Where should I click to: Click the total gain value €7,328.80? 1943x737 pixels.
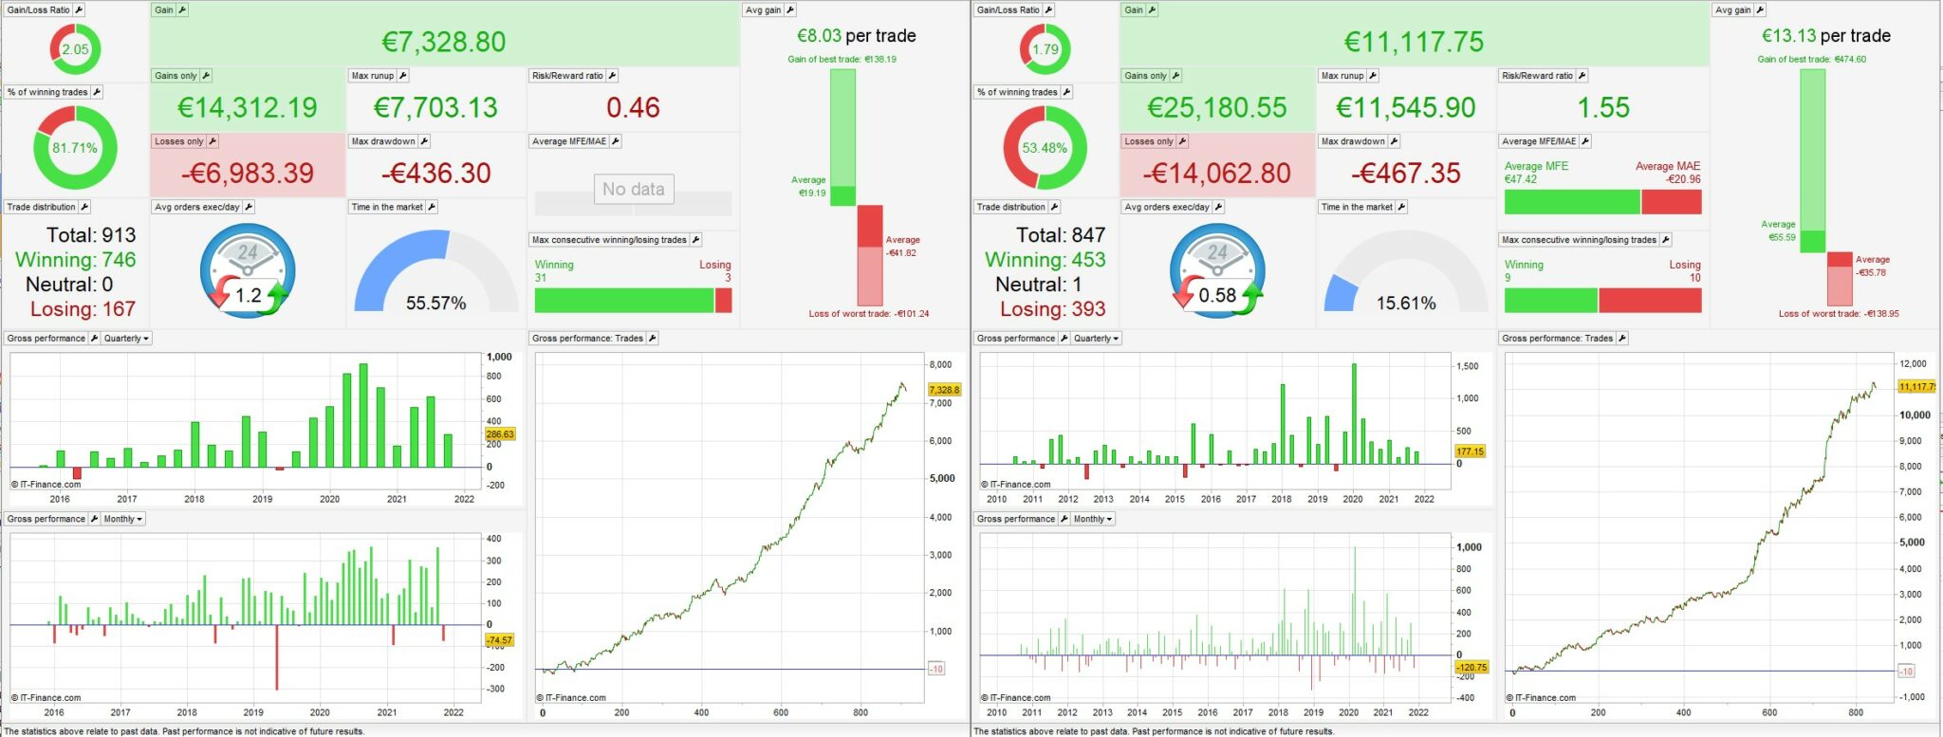pyautogui.click(x=443, y=42)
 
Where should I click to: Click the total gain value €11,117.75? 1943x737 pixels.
pyautogui.click(x=1414, y=42)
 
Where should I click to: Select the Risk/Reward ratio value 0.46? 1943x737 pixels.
pyautogui.click(x=633, y=107)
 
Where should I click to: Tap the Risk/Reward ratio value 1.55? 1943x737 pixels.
pyautogui.click(x=1602, y=107)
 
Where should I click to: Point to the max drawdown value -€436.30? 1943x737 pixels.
pyautogui.click(x=435, y=173)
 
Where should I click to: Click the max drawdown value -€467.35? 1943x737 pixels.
pyautogui.click(x=1405, y=173)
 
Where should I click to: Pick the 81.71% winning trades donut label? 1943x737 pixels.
pyautogui.click(x=75, y=148)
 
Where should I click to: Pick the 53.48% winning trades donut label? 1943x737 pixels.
pyautogui.click(x=1045, y=148)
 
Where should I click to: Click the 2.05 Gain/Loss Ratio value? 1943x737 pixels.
pyautogui.click(x=75, y=49)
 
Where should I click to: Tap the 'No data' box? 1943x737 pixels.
pyautogui.click(x=633, y=189)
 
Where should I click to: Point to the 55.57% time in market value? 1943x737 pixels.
pyautogui.click(x=435, y=304)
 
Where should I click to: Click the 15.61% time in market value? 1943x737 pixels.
pyautogui.click(x=1405, y=304)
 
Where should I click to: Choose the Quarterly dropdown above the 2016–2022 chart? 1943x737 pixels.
pyautogui.click(x=127, y=339)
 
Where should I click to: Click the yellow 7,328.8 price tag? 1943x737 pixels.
pyautogui.click(x=944, y=390)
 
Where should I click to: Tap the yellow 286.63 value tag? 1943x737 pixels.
pyautogui.click(x=500, y=434)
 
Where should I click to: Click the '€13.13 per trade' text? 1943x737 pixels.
pyautogui.click(x=1825, y=36)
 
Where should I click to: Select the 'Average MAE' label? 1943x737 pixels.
pyautogui.click(x=1667, y=166)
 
